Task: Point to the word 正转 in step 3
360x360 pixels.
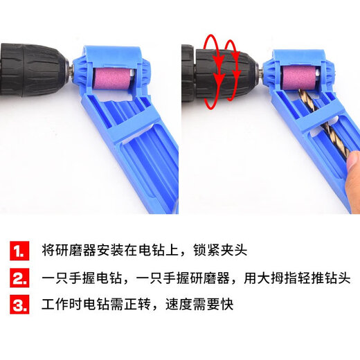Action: point(156,305)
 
